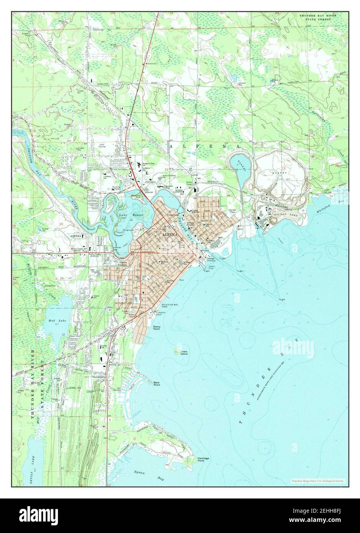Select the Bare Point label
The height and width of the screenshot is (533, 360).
click(157, 383)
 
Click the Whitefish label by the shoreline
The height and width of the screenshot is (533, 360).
click(325, 207)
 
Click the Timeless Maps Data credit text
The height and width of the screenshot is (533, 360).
click(318, 480)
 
